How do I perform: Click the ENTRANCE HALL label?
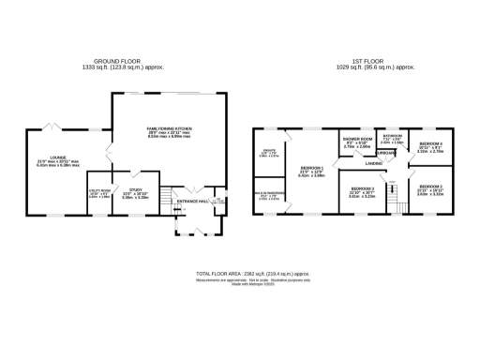[x=192, y=202]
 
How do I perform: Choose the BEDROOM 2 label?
[x=429, y=187]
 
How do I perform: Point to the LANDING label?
[x=373, y=163]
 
